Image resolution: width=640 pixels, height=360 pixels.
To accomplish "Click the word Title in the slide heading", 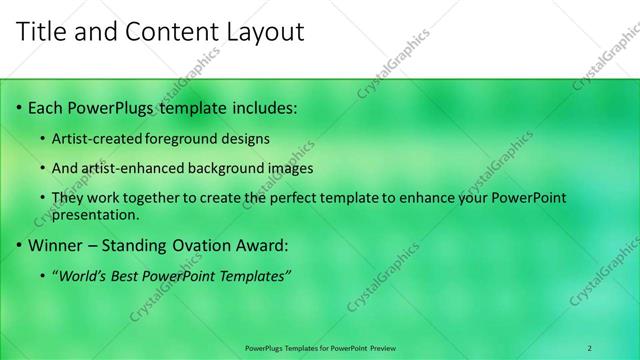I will coord(43,32).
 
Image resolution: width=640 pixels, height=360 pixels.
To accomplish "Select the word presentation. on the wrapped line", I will coord(95,214).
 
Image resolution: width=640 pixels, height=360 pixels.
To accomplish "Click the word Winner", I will coord(54,244).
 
